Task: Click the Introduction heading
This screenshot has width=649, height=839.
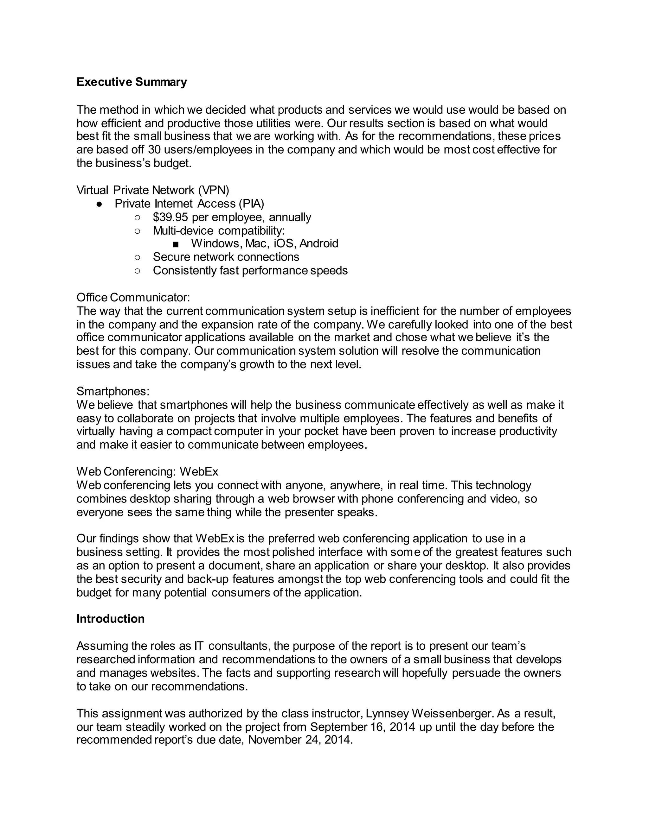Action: pos(110,619)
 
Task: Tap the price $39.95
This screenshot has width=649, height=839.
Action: pos(170,218)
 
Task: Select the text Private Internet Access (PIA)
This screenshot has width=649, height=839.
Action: pos(189,204)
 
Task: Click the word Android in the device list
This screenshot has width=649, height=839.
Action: pos(319,243)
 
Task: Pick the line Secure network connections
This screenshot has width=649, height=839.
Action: pos(226,257)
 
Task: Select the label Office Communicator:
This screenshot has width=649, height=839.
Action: pos(133,297)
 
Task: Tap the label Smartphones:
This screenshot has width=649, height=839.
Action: pos(112,391)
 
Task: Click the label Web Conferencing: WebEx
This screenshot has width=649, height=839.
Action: pos(147,471)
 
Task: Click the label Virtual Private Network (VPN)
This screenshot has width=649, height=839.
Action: pos(153,190)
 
